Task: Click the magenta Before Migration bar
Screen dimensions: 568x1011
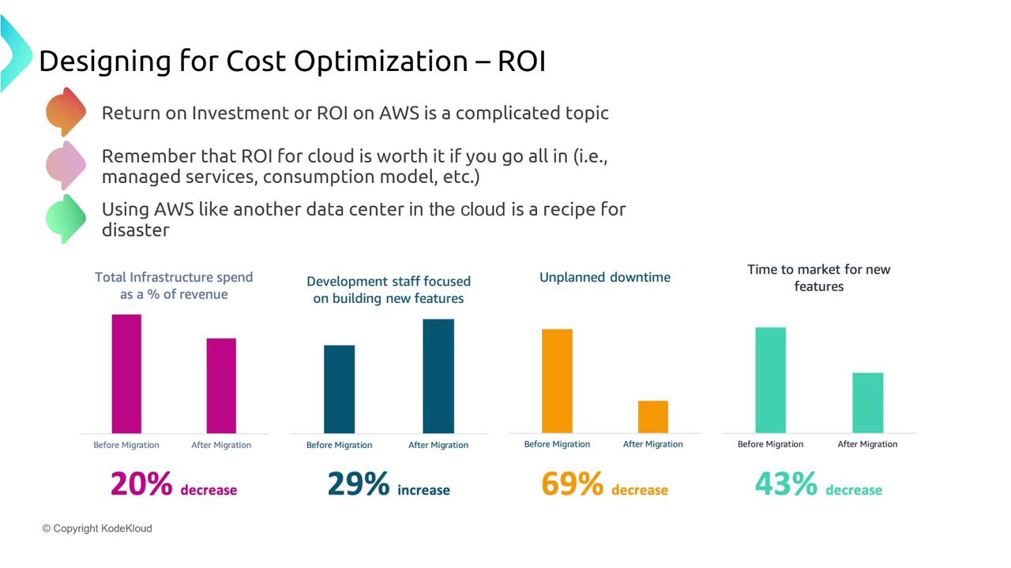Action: tap(126, 374)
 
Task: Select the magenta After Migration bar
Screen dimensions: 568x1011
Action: tap(221, 386)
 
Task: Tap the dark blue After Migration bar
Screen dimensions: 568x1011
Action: tap(438, 376)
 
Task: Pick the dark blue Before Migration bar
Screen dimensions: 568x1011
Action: tap(340, 389)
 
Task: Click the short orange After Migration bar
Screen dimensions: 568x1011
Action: tap(653, 417)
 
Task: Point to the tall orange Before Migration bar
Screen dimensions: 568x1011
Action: tap(557, 381)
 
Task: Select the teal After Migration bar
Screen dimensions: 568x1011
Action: tap(868, 403)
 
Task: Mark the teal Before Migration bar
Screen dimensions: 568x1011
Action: tap(770, 380)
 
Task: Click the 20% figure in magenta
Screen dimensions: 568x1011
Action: tap(141, 484)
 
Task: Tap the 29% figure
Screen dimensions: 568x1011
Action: tap(359, 484)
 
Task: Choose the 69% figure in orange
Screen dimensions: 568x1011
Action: tap(573, 484)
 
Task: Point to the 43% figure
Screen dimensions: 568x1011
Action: tap(786, 484)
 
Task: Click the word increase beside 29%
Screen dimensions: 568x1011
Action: tap(423, 491)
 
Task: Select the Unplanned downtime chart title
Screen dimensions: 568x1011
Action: tap(605, 278)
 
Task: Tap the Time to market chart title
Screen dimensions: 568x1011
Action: tap(819, 278)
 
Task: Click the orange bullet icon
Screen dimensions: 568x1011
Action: tap(66, 111)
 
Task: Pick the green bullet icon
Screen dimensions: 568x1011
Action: tap(66, 218)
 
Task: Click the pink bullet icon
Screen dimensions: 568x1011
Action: tap(66, 165)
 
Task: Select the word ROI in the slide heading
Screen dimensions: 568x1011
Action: tap(521, 62)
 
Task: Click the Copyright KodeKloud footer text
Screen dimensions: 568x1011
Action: tap(97, 529)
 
